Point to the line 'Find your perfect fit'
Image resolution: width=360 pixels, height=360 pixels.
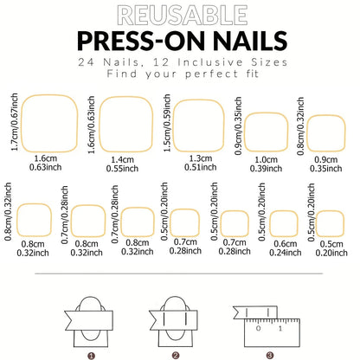pos(180,74)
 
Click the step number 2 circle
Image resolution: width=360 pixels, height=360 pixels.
pos(175,354)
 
